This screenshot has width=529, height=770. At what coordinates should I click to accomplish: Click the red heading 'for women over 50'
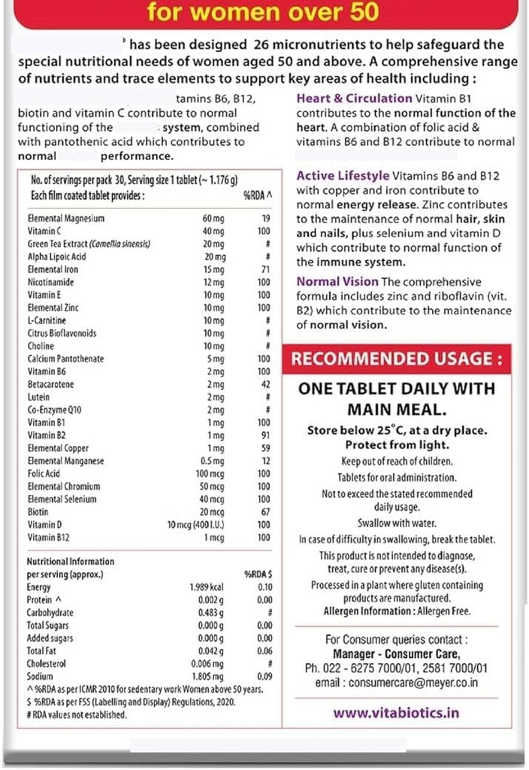(x=263, y=12)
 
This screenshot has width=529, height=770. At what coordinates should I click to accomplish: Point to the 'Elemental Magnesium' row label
(x=65, y=218)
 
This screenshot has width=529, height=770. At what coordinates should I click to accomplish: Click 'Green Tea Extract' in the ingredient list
(x=89, y=244)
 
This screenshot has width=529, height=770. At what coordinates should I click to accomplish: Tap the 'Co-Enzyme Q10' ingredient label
(x=55, y=409)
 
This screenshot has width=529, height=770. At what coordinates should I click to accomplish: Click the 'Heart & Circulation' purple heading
(x=354, y=99)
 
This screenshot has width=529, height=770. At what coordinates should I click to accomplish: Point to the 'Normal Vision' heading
(x=337, y=282)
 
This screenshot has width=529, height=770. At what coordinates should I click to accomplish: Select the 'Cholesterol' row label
(x=47, y=664)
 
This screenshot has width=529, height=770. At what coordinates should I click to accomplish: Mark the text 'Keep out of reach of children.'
(x=396, y=461)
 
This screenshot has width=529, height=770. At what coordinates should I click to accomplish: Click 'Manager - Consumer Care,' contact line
(x=396, y=654)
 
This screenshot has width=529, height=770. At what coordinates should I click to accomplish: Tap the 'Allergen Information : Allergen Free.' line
(x=396, y=611)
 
